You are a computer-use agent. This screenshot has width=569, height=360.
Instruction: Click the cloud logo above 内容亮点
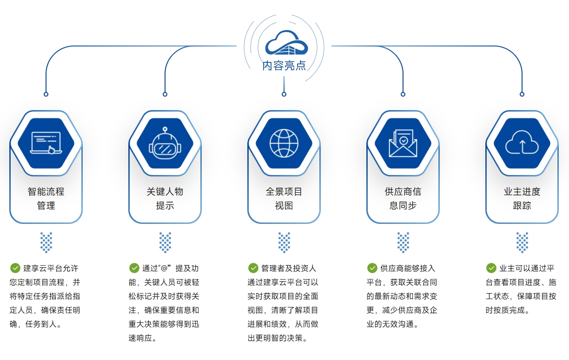coord(284,43)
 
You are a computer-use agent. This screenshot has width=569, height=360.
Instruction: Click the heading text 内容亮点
coord(284,65)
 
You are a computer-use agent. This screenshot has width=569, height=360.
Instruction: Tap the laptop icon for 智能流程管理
coord(46,143)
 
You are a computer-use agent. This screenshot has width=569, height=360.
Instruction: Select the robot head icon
coord(165,143)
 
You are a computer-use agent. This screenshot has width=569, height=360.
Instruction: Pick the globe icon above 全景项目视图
coord(284,143)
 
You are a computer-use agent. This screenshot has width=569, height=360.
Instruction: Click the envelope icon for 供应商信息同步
coord(403,143)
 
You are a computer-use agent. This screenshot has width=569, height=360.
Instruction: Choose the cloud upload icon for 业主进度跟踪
coord(522,143)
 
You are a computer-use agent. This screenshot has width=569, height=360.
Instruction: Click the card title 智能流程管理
coord(46,198)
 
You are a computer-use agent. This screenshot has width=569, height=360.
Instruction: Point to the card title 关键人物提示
coord(165,198)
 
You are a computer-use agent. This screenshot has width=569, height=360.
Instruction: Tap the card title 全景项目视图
coord(284,198)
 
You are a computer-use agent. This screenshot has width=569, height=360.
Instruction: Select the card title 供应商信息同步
coord(403,198)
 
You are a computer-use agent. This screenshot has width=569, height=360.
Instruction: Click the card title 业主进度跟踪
coord(522,198)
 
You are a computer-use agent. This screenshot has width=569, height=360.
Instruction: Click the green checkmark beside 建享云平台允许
coord(15,268)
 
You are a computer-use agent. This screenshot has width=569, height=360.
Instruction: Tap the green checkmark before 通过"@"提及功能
coord(134,268)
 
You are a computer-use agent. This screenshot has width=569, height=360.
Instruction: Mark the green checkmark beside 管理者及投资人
coord(253,268)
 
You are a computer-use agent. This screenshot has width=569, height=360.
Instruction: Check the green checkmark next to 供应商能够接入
coord(372,268)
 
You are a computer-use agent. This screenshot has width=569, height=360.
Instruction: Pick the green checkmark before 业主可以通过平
coord(491,268)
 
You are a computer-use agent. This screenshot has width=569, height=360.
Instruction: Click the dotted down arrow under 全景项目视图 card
coord(284,242)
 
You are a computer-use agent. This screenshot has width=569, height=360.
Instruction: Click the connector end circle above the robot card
coord(165,94)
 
